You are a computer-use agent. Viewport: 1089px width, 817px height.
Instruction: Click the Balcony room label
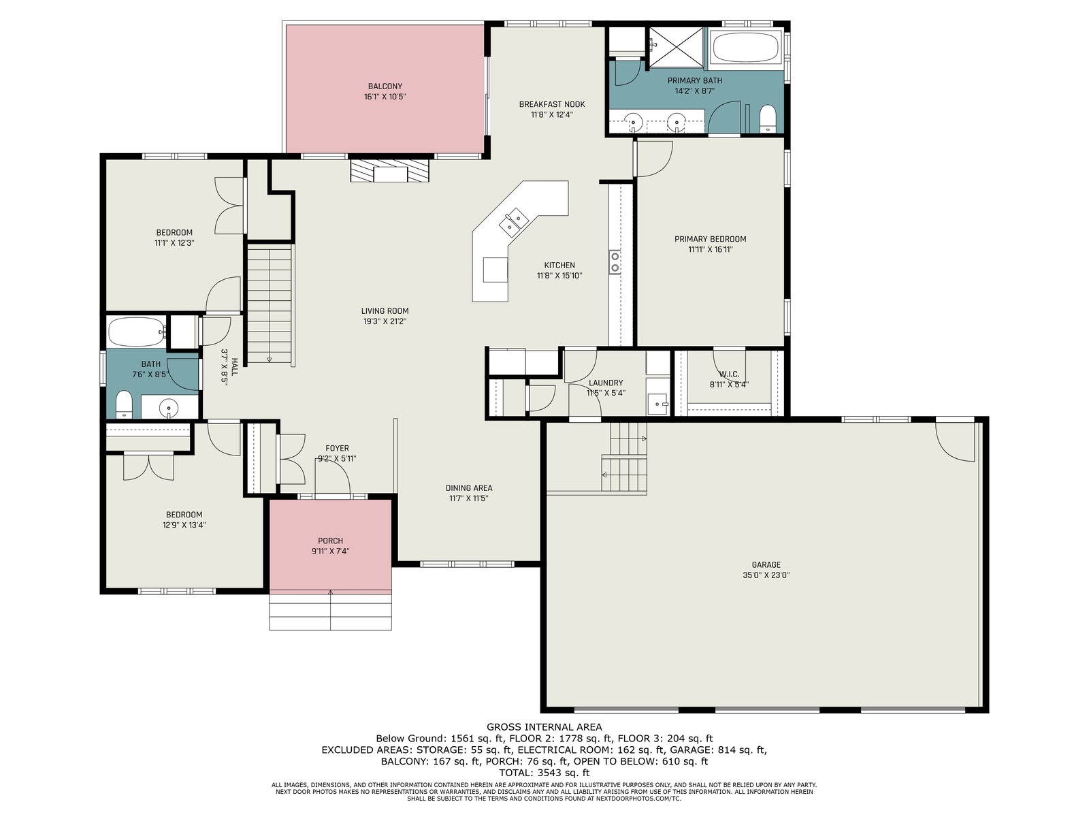(385, 86)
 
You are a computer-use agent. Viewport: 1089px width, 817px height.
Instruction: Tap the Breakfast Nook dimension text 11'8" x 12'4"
(552, 114)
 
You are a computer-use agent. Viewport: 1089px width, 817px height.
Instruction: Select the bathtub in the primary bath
(746, 48)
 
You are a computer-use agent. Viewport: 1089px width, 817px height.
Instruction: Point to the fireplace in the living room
(389, 170)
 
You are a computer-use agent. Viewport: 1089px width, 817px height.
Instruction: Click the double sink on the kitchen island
(513, 222)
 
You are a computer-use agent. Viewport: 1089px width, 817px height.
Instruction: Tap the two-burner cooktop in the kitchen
(615, 262)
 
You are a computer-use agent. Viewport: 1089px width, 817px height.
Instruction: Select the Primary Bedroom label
(710, 239)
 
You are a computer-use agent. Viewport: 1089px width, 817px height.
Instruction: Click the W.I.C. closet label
(728, 374)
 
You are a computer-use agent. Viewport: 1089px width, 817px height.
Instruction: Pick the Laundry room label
(605, 383)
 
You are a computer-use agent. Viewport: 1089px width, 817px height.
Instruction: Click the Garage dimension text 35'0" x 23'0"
(766, 575)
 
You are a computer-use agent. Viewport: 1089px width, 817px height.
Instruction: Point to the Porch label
(330, 541)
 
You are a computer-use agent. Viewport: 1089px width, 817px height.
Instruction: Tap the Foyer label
(337, 449)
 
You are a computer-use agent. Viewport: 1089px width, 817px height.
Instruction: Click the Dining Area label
(469, 488)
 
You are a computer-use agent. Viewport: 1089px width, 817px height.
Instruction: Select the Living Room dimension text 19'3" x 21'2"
(385, 321)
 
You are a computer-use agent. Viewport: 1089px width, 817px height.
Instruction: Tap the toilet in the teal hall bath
(124, 404)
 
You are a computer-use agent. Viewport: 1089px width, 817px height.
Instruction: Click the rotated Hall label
(235, 367)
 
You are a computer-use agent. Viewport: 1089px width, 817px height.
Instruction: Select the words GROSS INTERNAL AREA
(544, 727)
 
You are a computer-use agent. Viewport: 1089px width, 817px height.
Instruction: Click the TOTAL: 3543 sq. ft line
(544, 772)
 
